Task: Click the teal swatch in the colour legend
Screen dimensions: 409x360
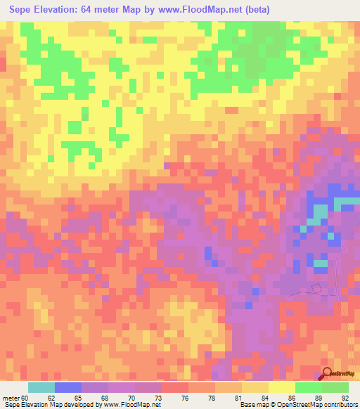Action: pos(41,387)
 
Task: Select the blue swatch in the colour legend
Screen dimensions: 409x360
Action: pos(67,387)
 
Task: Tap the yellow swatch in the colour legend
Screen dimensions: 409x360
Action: pos(281,387)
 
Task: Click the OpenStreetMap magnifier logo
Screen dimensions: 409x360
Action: pos(328,373)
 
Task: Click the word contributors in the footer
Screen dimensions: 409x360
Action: pos(338,405)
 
